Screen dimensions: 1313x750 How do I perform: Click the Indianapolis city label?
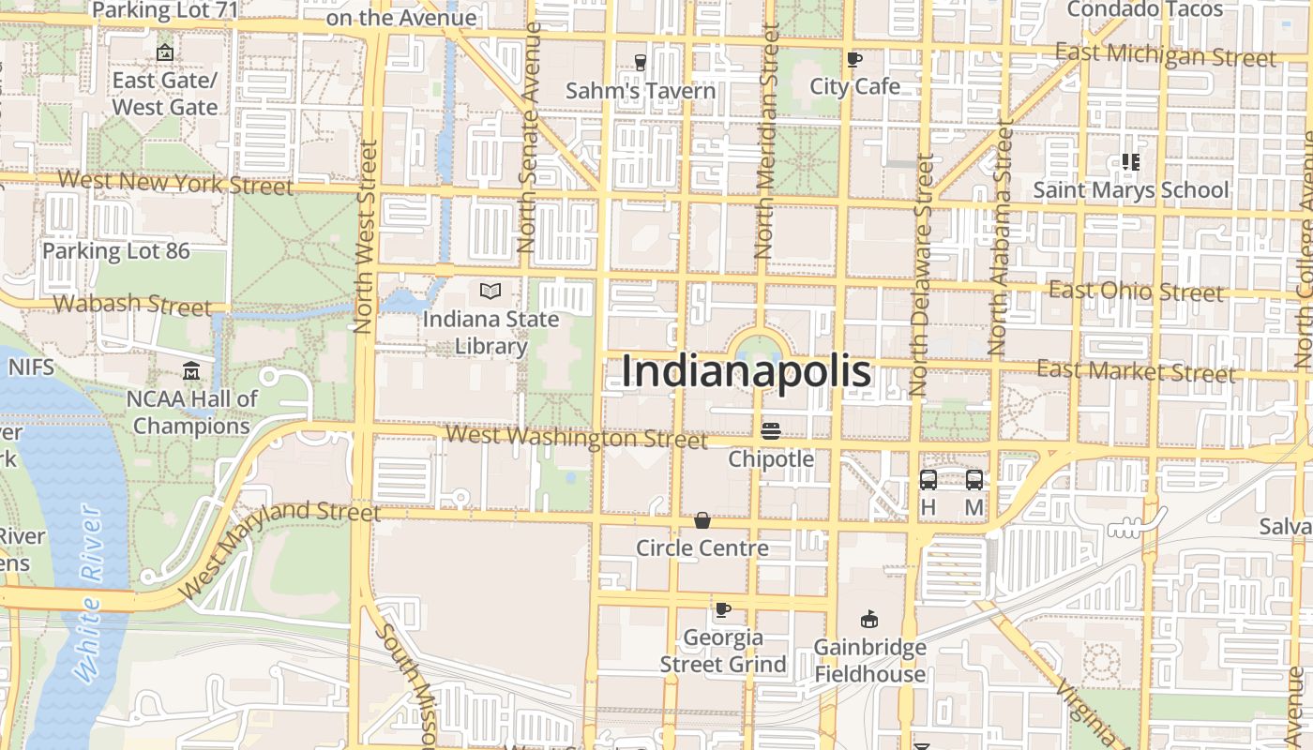click(747, 372)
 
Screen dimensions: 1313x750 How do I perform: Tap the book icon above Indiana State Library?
click(490, 292)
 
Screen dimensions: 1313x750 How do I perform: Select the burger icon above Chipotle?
click(771, 431)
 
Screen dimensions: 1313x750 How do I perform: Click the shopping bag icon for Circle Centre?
click(702, 520)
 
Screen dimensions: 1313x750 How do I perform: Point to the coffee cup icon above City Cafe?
click(854, 59)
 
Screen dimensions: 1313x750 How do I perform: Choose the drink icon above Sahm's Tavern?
click(641, 63)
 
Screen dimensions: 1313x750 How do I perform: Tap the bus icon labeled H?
click(928, 480)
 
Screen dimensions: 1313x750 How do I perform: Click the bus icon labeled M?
click(974, 480)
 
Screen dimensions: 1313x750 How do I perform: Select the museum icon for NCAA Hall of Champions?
click(192, 371)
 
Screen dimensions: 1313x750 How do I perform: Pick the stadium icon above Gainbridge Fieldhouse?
click(869, 619)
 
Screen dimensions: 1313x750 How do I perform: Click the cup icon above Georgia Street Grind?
click(722, 610)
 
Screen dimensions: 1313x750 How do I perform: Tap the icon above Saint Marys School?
click(1130, 162)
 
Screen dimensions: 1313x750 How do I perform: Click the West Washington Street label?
click(577, 437)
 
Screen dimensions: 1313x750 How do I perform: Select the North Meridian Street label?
click(768, 141)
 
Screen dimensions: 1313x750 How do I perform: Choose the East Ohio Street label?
click(1136, 292)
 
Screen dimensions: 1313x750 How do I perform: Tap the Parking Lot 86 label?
click(116, 251)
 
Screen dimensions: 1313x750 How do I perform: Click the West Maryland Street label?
click(279, 548)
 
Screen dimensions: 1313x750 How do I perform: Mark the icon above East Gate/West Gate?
click(165, 52)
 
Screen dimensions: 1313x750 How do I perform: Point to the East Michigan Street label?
click(1166, 55)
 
